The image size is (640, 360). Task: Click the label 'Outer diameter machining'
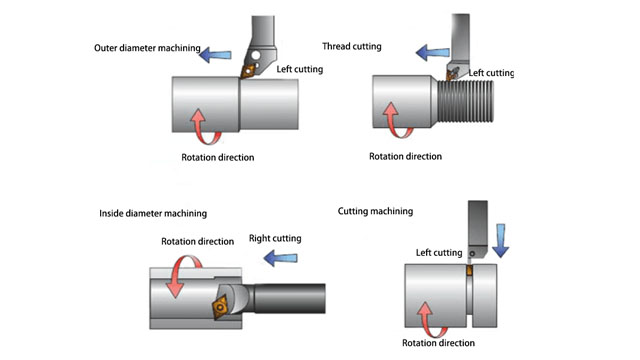point(147,47)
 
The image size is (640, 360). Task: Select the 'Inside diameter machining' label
point(153,213)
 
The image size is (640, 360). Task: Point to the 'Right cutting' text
point(273,239)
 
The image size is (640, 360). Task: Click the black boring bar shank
point(294,300)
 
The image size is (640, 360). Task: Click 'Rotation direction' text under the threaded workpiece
point(405,156)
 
